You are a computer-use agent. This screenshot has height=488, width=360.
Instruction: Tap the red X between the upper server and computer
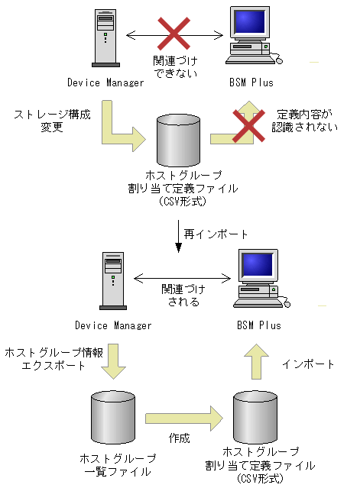175,34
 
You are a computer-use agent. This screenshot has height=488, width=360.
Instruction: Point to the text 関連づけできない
175,66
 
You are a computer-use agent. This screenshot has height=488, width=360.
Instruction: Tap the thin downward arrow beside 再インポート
179,232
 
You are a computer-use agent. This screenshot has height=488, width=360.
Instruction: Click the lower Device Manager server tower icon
112,280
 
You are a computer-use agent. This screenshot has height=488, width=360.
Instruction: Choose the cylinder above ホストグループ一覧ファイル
113,417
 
